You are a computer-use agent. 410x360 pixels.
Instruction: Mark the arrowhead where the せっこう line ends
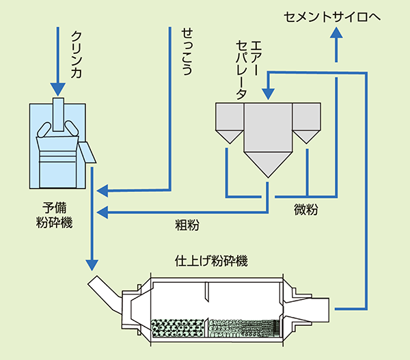click(103, 189)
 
